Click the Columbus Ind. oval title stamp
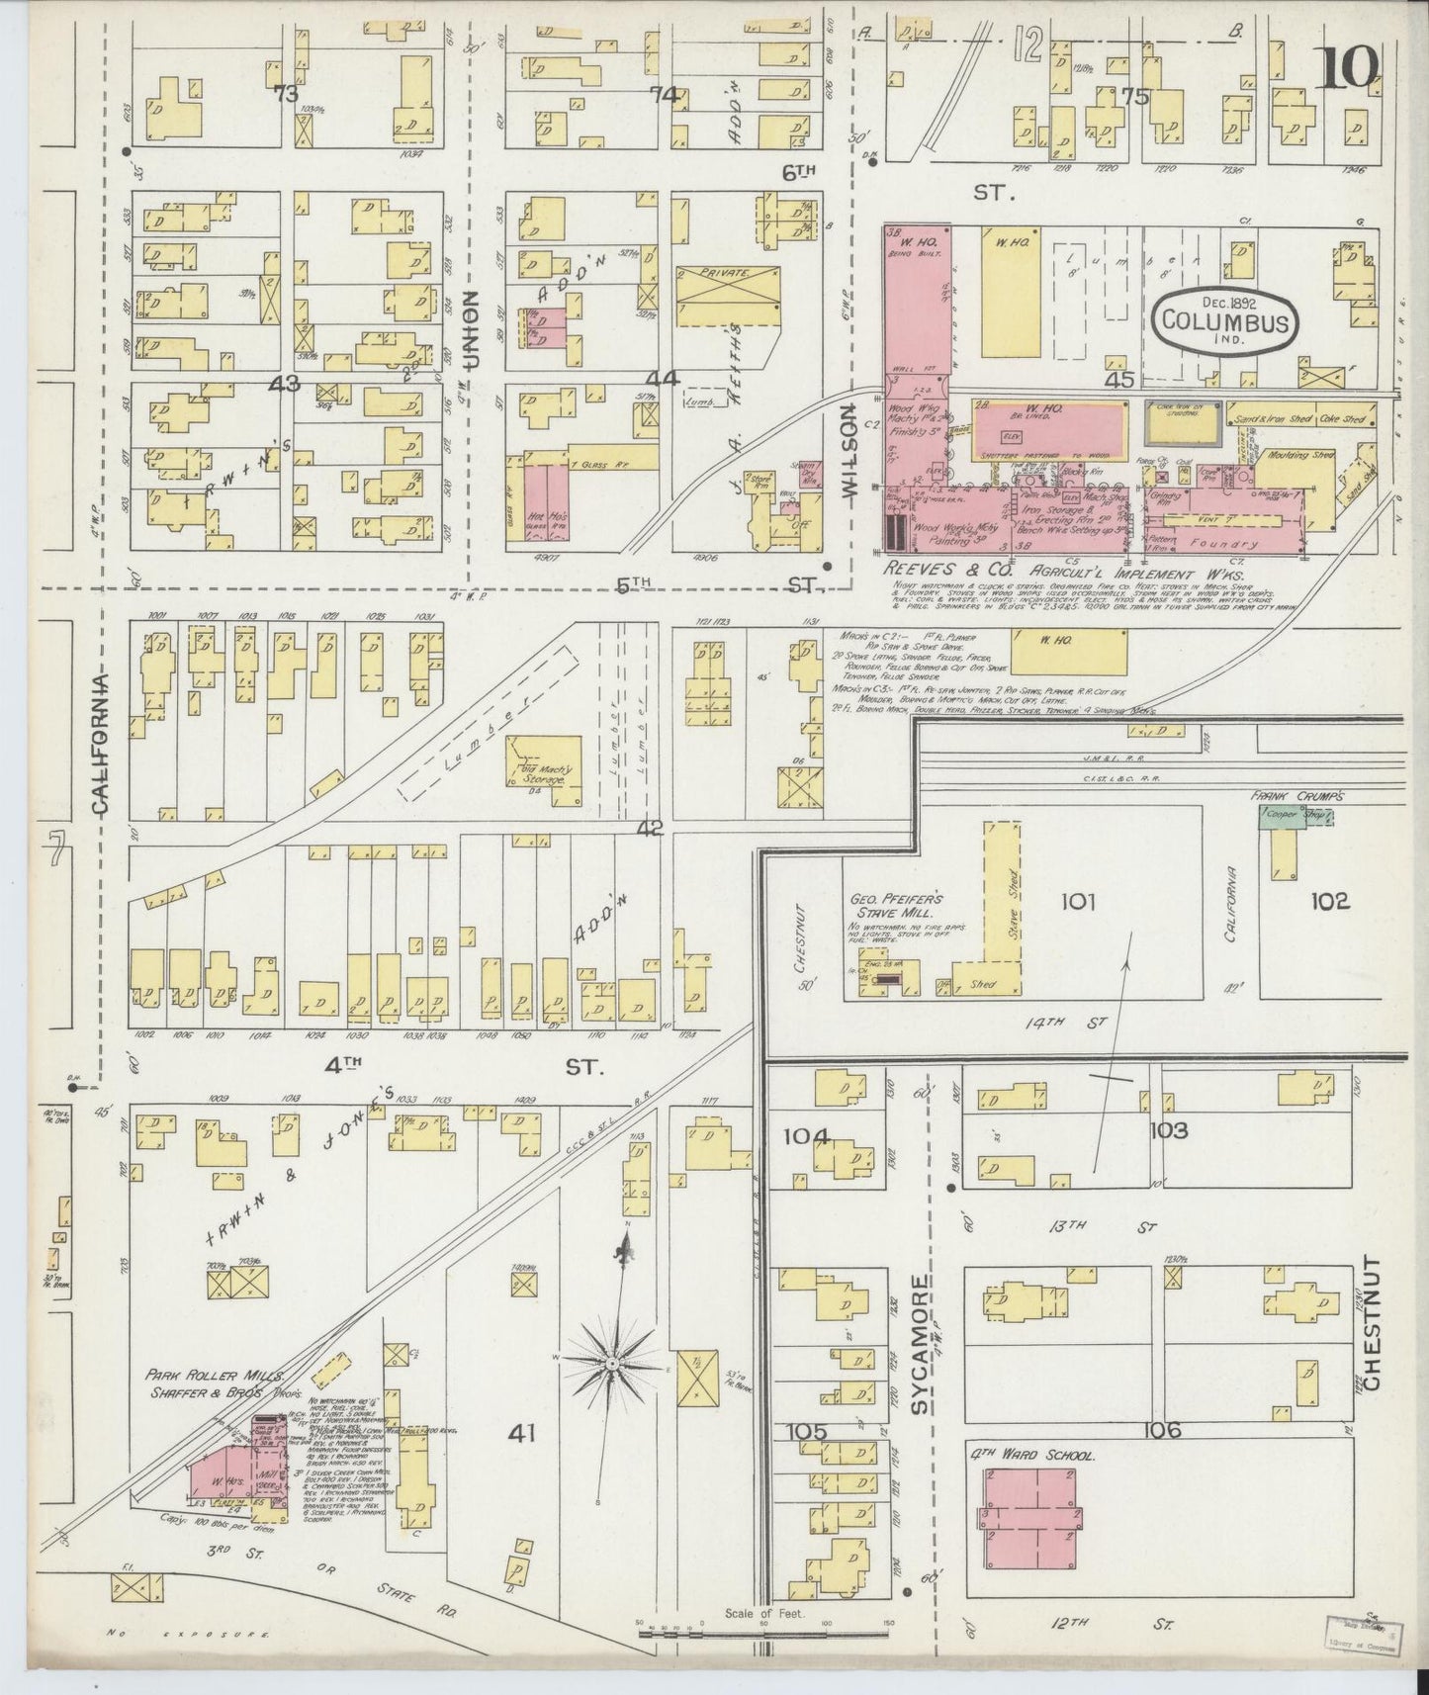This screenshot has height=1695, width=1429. pyautogui.click(x=1225, y=318)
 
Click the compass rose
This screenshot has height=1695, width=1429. pyautogui.click(x=612, y=1364)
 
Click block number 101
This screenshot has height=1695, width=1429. pyautogui.click(x=1079, y=901)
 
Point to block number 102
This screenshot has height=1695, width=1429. pyautogui.click(x=1329, y=901)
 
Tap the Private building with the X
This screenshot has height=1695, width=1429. pyautogui.click(x=727, y=296)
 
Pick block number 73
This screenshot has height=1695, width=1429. pyautogui.click(x=287, y=95)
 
